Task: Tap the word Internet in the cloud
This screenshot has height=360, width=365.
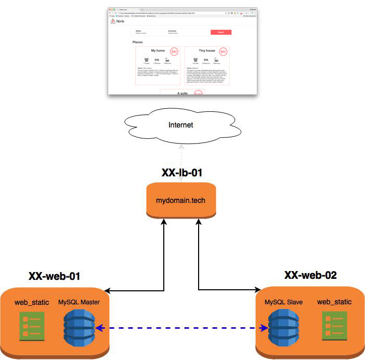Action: coord(180,125)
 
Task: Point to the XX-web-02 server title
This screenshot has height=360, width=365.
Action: coord(310,274)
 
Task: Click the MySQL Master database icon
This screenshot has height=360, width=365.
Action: coord(79,328)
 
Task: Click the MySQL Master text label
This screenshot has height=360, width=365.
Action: coord(79,302)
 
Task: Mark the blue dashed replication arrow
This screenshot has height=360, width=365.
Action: coord(182,328)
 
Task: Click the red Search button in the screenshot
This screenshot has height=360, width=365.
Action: coord(220,32)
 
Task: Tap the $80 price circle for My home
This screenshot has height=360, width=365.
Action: coord(174,52)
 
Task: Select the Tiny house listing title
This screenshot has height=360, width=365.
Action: coord(206,50)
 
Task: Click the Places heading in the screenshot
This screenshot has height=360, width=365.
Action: coord(138,42)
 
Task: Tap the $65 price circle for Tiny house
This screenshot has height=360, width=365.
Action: coord(224,52)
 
